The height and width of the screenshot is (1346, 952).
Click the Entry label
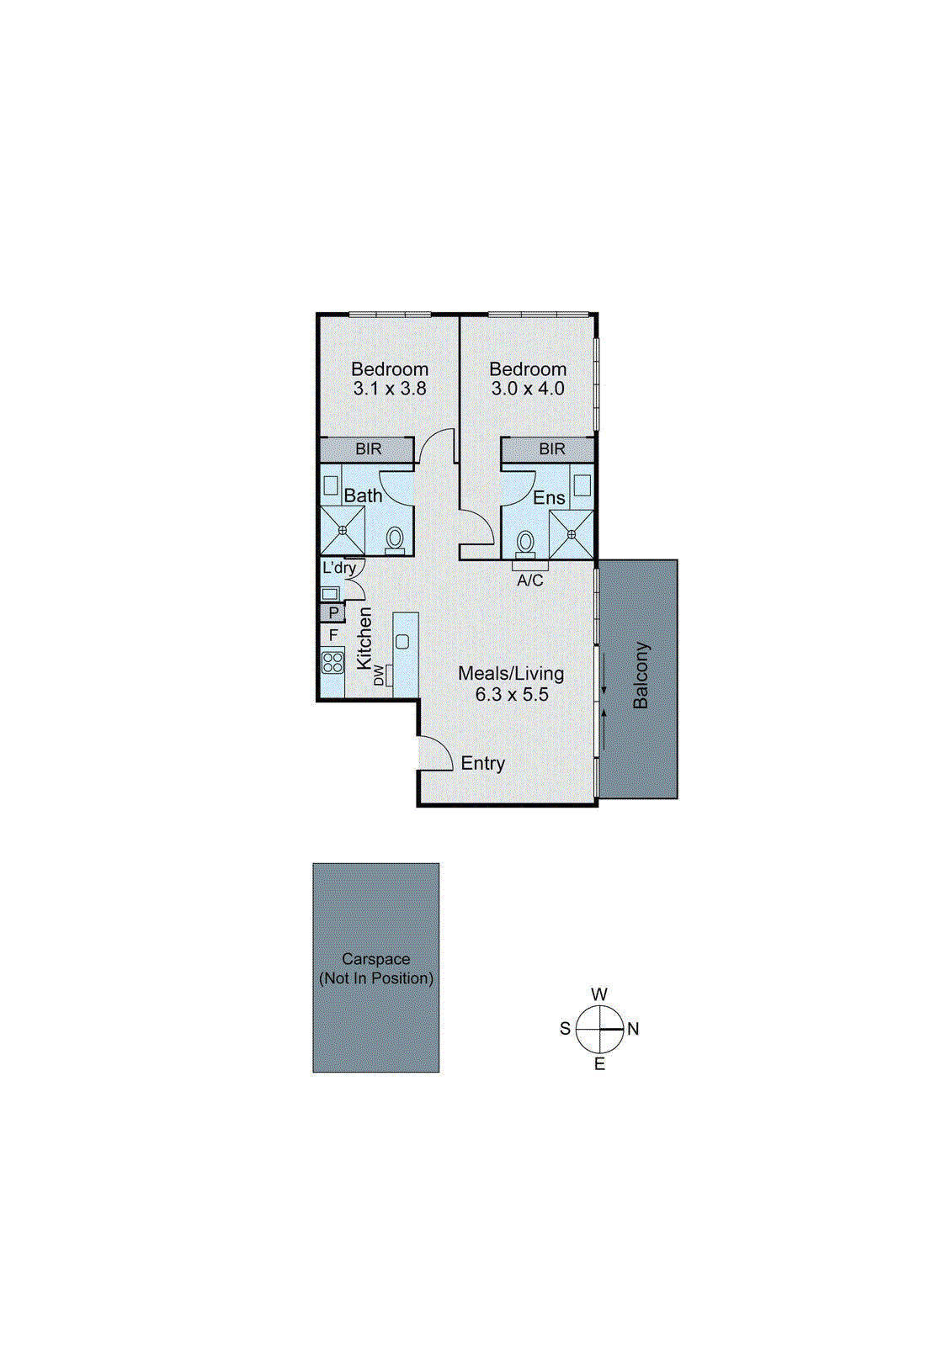point(482,763)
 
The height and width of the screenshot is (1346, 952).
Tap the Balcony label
point(641,676)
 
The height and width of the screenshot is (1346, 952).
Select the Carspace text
point(376,959)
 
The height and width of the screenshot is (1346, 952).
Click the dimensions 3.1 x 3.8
point(390,389)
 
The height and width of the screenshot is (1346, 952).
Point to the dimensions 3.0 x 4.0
point(528,389)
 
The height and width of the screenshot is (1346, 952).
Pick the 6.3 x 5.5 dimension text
point(512,694)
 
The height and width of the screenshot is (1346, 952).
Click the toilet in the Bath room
point(395,539)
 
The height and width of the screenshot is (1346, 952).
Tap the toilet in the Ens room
point(526,542)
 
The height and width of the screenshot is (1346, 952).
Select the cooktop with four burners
point(332,661)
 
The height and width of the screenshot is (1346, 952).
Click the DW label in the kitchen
point(379,675)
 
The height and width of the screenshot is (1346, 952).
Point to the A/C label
point(530,580)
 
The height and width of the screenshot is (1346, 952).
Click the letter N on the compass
point(633,1029)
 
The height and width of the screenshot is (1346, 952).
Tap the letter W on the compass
point(599,994)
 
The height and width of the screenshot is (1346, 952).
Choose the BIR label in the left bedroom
point(368,449)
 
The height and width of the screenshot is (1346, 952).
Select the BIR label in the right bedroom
point(552,449)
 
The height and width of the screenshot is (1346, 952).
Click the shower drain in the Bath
point(343,531)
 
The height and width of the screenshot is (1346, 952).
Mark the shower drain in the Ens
point(572,534)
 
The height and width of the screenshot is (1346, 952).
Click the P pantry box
point(333,613)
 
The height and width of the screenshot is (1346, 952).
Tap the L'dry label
point(339,568)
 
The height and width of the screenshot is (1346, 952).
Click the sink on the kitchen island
point(402,642)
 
